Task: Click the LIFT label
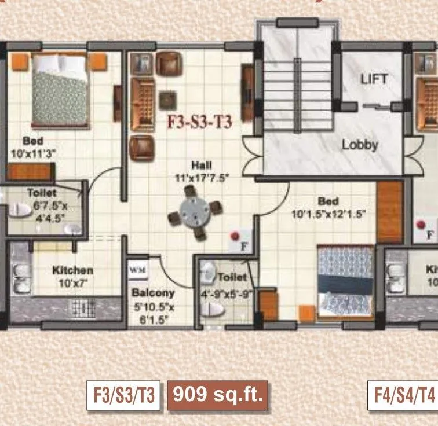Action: [374, 79]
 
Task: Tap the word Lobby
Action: [359, 145]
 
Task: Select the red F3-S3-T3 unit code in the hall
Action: [200, 123]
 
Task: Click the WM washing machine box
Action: [137, 269]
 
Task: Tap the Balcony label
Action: [152, 293]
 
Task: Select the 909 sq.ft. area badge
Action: [218, 395]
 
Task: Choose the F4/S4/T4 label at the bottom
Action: [402, 396]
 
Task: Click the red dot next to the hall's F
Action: [235, 236]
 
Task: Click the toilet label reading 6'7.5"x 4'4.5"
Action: [42, 213]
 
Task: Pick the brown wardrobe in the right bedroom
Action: [389, 211]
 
